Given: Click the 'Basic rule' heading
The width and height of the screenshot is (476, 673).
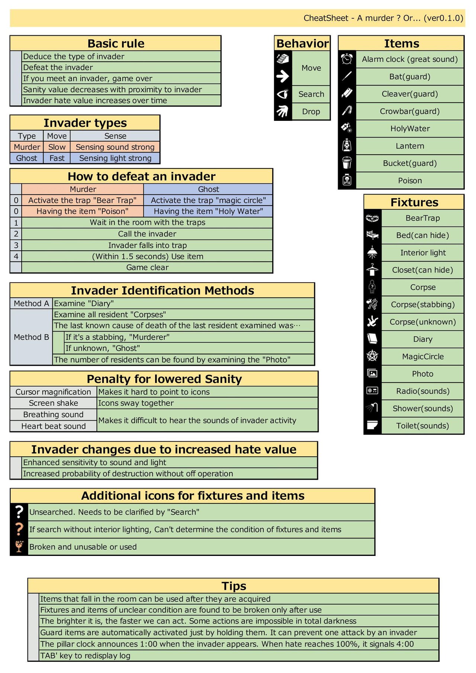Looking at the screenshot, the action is tap(116, 44).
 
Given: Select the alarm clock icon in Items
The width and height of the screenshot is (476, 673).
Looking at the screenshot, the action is tap(347, 59).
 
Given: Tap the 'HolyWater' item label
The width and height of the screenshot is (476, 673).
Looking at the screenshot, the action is tap(410, 129).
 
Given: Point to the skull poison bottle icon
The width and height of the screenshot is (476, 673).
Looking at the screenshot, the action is tap(347, 180).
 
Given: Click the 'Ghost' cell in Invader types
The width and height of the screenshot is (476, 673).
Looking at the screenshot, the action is tap(27, 158).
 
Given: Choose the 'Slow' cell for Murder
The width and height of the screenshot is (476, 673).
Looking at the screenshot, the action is tap(57, 147).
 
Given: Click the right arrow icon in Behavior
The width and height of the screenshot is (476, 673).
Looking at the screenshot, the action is tap(283, 76).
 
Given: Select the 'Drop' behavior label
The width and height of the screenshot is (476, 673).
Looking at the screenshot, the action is tap(311, 112).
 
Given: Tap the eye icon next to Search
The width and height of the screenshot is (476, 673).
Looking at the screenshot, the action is tap(283, 94).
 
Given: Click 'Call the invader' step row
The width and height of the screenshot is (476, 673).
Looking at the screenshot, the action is tap(147, 234).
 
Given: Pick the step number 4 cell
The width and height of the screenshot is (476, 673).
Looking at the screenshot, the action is tap(16, 256).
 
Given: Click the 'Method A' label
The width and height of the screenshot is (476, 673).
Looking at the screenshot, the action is tap(31, 303).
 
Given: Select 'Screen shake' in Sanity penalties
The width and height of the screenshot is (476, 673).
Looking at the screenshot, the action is tap(54, 403).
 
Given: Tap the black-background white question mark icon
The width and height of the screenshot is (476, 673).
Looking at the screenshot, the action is tap(19, 512).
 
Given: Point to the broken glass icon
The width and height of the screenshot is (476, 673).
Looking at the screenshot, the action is tap(19, 546).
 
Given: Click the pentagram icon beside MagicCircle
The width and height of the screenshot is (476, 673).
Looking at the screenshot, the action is tap(372, 356).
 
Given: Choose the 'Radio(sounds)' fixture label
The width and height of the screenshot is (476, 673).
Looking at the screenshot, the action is tap(423, 391).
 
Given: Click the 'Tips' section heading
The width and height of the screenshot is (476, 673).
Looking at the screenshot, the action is tap(234, 586).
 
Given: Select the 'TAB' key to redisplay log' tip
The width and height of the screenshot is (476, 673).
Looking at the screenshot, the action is tap(85, 656).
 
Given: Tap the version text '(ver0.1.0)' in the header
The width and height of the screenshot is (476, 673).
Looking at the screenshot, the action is tap(443, 18).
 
